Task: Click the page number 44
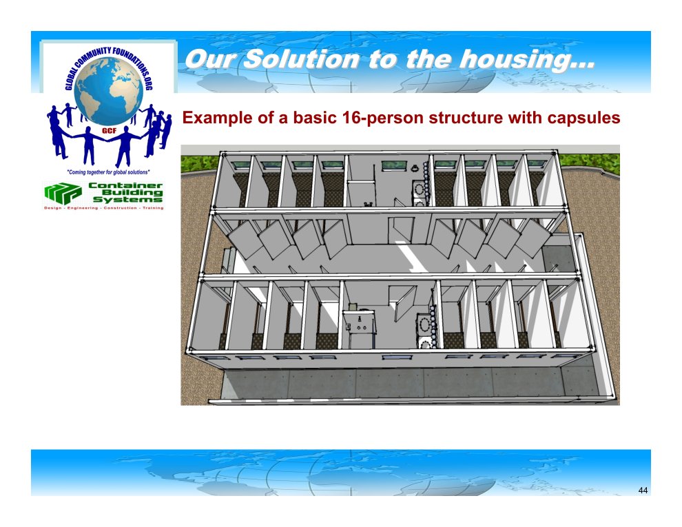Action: coord(643,490)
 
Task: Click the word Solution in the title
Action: coord(301,59)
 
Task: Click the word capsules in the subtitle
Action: coord(583,118)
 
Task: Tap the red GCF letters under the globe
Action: coord(108,130)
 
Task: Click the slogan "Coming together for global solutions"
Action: coord(108,172)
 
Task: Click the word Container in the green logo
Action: coord(125,186)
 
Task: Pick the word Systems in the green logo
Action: coord(128,200)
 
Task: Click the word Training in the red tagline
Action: coord(153,208)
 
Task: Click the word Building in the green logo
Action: coord(132,193)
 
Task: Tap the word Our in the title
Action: coord(211,59)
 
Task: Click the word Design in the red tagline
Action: coord(52,208)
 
